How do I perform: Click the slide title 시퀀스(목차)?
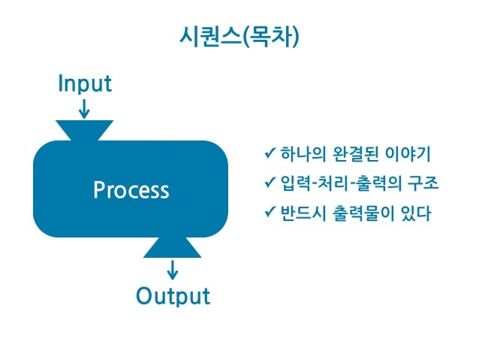[239, 35]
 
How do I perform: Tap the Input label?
[85, 83]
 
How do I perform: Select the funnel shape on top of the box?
[85, 130]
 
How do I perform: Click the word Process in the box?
[131, 190]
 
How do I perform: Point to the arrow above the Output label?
[173, 269]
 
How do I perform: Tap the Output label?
[173, 296]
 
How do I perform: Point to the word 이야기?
[407, 155]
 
